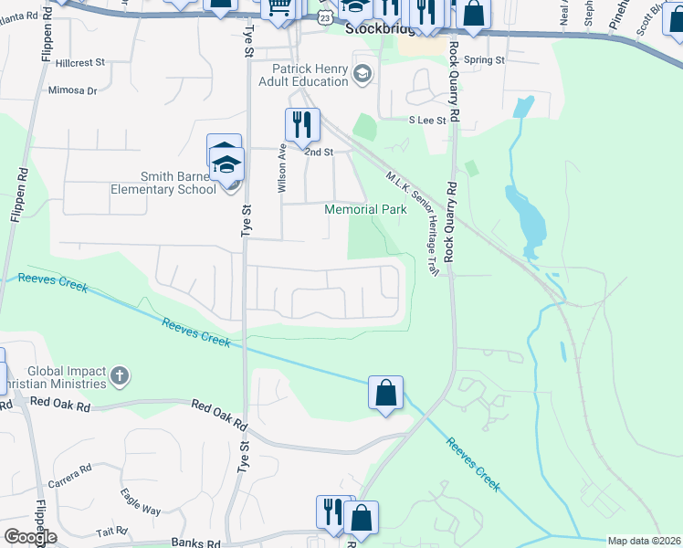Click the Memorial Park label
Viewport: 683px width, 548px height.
366,209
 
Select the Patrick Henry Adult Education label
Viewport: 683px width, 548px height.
310,75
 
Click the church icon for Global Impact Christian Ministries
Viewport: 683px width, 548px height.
120,375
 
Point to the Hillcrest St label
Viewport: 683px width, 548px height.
80,64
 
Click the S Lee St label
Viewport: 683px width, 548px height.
427,120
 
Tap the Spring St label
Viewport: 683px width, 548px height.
484,60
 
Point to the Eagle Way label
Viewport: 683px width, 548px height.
140,503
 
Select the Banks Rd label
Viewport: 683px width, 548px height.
196,543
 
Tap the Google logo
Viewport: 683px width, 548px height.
29,537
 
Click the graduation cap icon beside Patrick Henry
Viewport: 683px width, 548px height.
363,73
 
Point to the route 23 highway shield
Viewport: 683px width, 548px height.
326,17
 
